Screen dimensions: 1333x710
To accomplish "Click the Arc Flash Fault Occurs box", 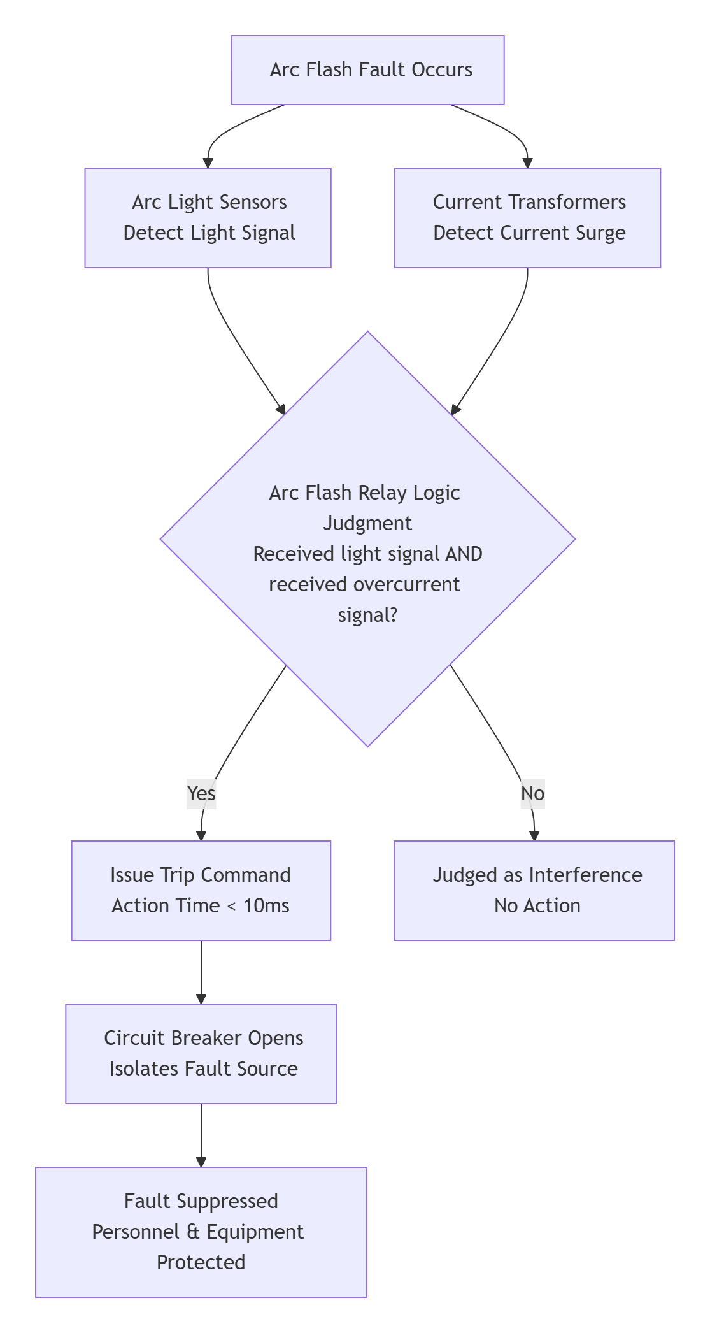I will [x=367, y=70].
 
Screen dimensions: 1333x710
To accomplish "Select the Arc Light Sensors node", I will [x=208, y=218].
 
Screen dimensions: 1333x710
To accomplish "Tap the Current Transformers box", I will [x=527, y=218].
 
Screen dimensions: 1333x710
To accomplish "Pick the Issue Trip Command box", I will [x=201, y=890].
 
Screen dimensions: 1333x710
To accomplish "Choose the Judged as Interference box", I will [x=534, y=890].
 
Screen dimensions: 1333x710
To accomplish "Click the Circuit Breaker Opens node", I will [x=201, y=1053].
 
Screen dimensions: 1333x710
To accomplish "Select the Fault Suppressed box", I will [x=201, y=1232].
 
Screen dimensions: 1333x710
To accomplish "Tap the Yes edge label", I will [x=201, y=793].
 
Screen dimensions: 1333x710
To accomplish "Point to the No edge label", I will [x=532, y=793].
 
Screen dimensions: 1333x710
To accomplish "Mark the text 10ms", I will [x=266, y=905].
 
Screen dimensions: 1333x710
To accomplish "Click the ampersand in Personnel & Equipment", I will [x=194, y=1232].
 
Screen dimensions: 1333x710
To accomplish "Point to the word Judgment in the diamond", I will [x=367, y=523].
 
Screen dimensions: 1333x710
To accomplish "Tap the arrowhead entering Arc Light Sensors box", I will [x=208, y=162].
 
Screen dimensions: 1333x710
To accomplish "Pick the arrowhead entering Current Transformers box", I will [x=527, y=162].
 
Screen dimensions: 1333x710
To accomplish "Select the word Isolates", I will [x=144, y=1069].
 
